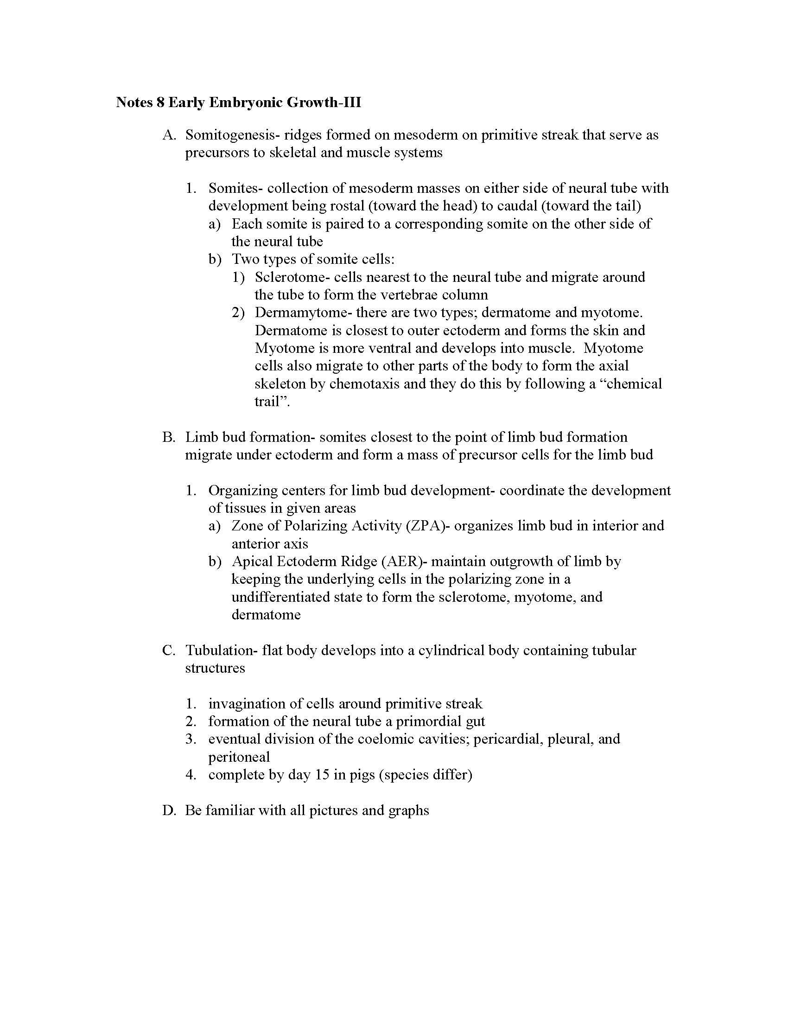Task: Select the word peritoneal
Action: coord(239,757)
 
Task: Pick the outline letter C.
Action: coord(168,650)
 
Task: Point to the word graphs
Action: coord(409,810)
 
